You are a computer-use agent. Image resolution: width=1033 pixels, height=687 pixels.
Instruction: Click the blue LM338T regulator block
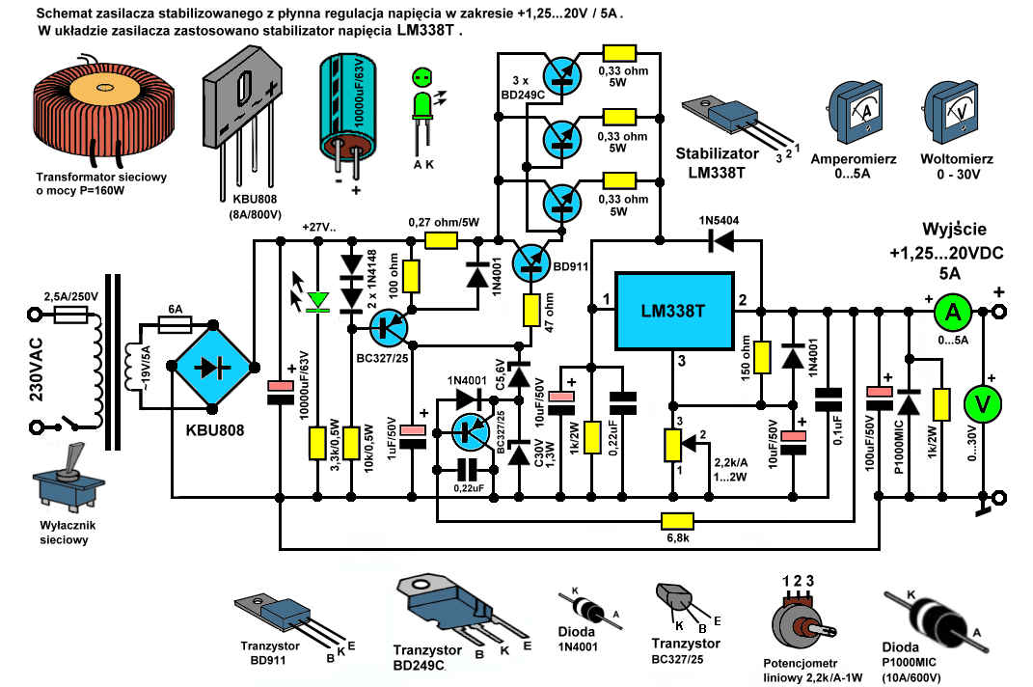[672, 312]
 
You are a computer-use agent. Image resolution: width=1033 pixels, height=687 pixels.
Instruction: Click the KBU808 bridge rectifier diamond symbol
[212, 367]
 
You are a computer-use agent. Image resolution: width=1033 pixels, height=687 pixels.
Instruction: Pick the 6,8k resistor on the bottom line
[676, 521]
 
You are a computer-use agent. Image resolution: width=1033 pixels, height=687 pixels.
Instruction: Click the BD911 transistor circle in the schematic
[530, 260]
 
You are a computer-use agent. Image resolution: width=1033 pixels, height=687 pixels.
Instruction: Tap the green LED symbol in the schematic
[315, 303]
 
